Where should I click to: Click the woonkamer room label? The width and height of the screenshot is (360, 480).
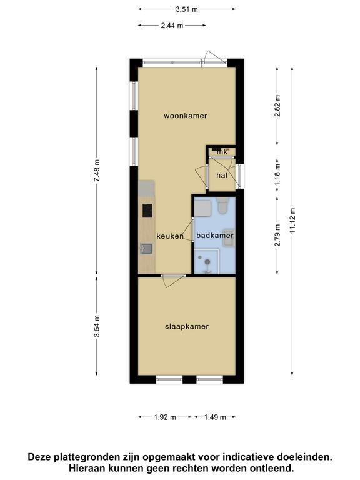coord(186,116)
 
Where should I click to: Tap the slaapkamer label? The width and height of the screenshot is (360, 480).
coord(187,327)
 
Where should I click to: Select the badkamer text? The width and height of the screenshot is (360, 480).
coord(215,236)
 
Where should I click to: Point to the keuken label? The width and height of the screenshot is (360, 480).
coord(170,236)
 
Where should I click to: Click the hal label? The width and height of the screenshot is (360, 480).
coord(222,176)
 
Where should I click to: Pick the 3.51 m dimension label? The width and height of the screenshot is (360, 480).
coord(187,9)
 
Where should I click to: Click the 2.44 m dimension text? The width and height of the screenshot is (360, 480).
coord(172,26)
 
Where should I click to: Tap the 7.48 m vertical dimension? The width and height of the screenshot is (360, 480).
coord(97,171)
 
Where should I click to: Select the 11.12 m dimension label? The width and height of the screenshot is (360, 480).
coord(292,221)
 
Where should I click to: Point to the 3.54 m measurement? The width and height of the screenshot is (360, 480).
coord(97,326)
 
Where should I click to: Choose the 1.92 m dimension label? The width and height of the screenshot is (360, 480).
coord(165,417)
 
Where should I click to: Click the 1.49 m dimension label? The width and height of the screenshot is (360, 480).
coord(215,417)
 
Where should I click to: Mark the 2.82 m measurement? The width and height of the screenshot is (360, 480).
coord(277,106)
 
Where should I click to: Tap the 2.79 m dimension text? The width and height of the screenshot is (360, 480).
coord(277,236)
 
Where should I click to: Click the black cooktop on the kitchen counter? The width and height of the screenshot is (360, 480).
coord(147,211)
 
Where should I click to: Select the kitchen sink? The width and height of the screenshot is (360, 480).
coord(146,249)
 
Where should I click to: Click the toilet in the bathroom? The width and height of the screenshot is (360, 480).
coord(222,206)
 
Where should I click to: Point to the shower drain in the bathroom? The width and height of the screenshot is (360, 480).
coord(207,261)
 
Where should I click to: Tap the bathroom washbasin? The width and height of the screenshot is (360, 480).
coord(228,237)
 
